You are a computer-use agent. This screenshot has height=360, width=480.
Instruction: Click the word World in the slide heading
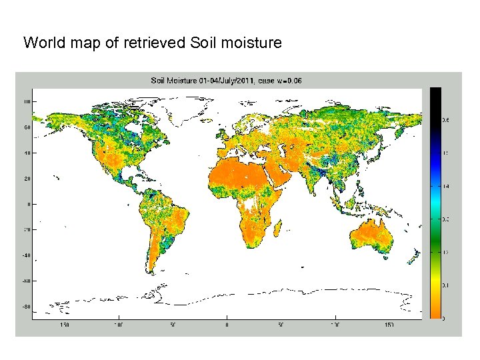pos(41,43)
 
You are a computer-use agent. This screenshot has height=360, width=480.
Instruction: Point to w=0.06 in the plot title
pos(290,81)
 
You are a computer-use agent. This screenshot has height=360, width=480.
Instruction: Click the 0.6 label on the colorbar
pos(445,120)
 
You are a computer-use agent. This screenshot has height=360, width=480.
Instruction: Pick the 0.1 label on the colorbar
pos(445,285)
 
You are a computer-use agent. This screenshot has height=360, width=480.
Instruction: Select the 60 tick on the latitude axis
pos(27,127)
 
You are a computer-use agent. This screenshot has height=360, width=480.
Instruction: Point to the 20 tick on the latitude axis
pos(27,178)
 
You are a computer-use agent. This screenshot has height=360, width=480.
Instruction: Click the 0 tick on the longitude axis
pos(227,325)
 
